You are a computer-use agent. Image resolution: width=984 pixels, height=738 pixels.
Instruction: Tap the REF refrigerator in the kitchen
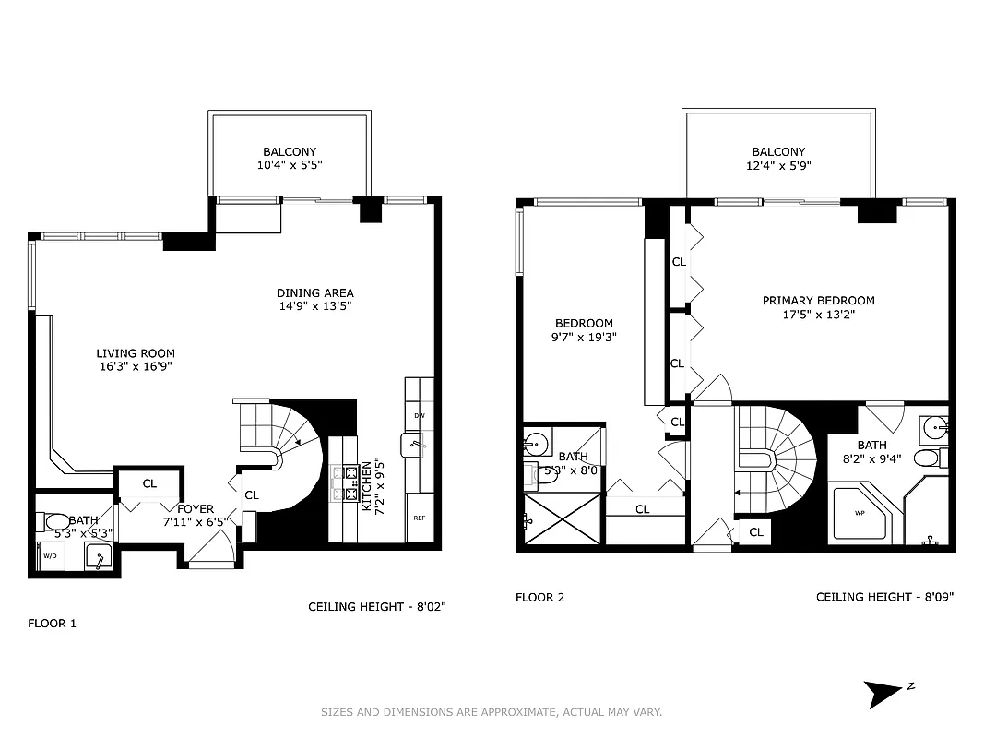coord(420,518)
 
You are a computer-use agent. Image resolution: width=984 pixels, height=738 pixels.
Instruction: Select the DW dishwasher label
coord(420,416)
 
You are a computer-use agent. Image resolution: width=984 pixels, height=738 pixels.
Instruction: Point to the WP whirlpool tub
coord(860,514)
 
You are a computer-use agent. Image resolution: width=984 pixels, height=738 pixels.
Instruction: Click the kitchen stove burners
coord(351,482)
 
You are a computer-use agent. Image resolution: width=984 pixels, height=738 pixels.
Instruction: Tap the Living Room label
coord(136,353)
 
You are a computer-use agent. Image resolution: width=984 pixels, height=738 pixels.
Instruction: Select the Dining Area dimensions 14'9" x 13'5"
coord(315,306)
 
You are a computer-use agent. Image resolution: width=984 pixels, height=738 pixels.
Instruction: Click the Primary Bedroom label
coord(818,301)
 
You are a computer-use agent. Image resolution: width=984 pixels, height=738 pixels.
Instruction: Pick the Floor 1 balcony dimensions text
coord(290,165)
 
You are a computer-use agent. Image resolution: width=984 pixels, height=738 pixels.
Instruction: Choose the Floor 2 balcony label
coord(778,152)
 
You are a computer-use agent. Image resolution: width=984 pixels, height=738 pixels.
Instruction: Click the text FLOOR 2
coord(539,598)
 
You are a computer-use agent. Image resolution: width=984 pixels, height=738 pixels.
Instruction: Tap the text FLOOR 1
coord(52,624)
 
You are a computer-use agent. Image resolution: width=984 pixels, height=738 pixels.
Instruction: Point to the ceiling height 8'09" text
coord(884,598)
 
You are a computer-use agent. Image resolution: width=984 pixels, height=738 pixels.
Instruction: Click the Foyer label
coord(196,509)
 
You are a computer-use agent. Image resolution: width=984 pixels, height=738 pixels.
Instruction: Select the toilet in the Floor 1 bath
coord(56,523)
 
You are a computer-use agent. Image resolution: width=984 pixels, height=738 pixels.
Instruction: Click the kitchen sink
coord(412,446)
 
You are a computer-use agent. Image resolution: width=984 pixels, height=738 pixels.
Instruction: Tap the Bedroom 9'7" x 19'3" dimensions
coord(584,337)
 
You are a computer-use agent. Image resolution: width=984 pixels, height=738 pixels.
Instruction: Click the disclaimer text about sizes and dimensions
coord(491,712)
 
